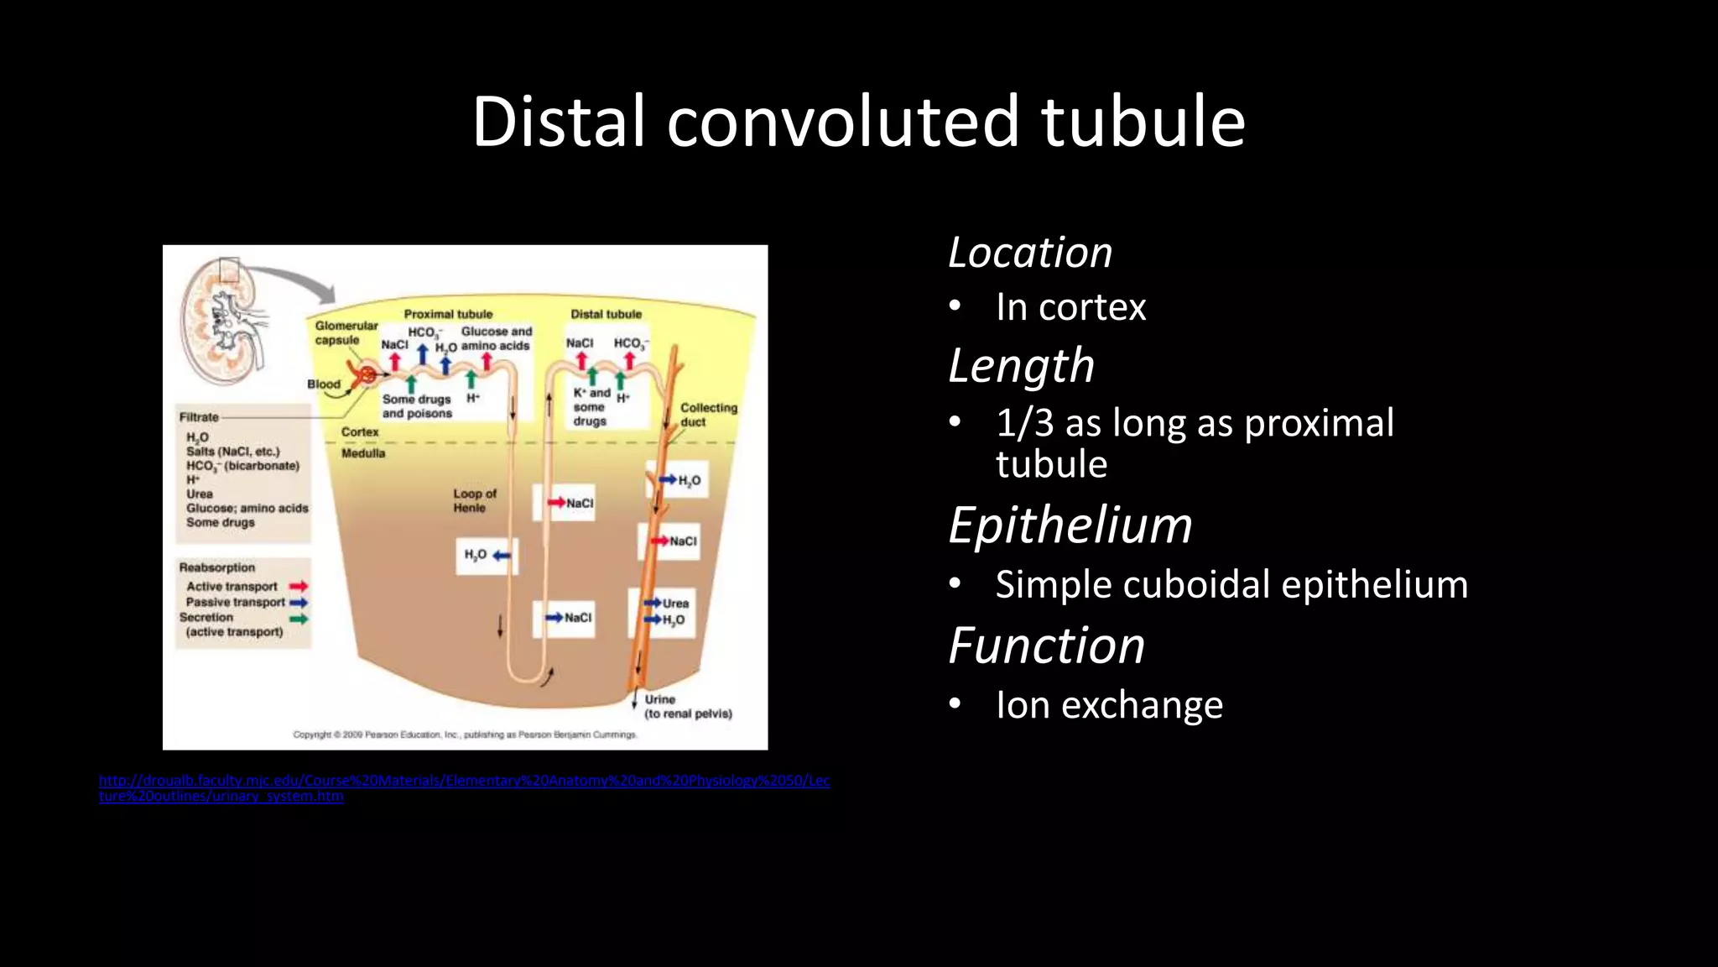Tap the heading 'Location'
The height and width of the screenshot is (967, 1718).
[x=1029, y=252]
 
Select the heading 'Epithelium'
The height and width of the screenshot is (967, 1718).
[x=1070, y=525]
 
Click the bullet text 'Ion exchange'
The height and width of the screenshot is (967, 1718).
[x=1109, y=704]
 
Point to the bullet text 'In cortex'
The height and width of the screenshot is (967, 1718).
[x=1070, y=307]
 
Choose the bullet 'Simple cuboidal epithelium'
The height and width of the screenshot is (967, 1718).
[x=1231, y=584]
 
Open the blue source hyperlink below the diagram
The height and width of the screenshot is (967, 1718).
[x=464, y=781]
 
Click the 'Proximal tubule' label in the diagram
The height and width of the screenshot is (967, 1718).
[x=448, y=314]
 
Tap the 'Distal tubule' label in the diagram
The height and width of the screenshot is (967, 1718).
[x=606, y=314]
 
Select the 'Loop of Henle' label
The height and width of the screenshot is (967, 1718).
[x=475, y=500]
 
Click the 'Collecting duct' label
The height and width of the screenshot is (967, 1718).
[x=708, y=414]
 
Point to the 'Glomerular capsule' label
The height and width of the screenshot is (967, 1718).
[x=345, y=332]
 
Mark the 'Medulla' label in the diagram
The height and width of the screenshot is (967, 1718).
[x=363, y=453]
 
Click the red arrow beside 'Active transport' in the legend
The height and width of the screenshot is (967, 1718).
[x=299, y=586]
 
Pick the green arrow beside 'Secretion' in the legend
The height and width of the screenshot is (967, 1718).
[x=299, y=619]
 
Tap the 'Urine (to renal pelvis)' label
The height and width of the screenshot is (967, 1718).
[x=687, y=706]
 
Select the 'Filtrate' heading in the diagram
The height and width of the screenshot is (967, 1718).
[x=199, y=417]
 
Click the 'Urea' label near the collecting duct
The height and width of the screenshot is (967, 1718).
[x=675, y=604]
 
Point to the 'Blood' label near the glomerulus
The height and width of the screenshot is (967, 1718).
[x=323, y=384]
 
